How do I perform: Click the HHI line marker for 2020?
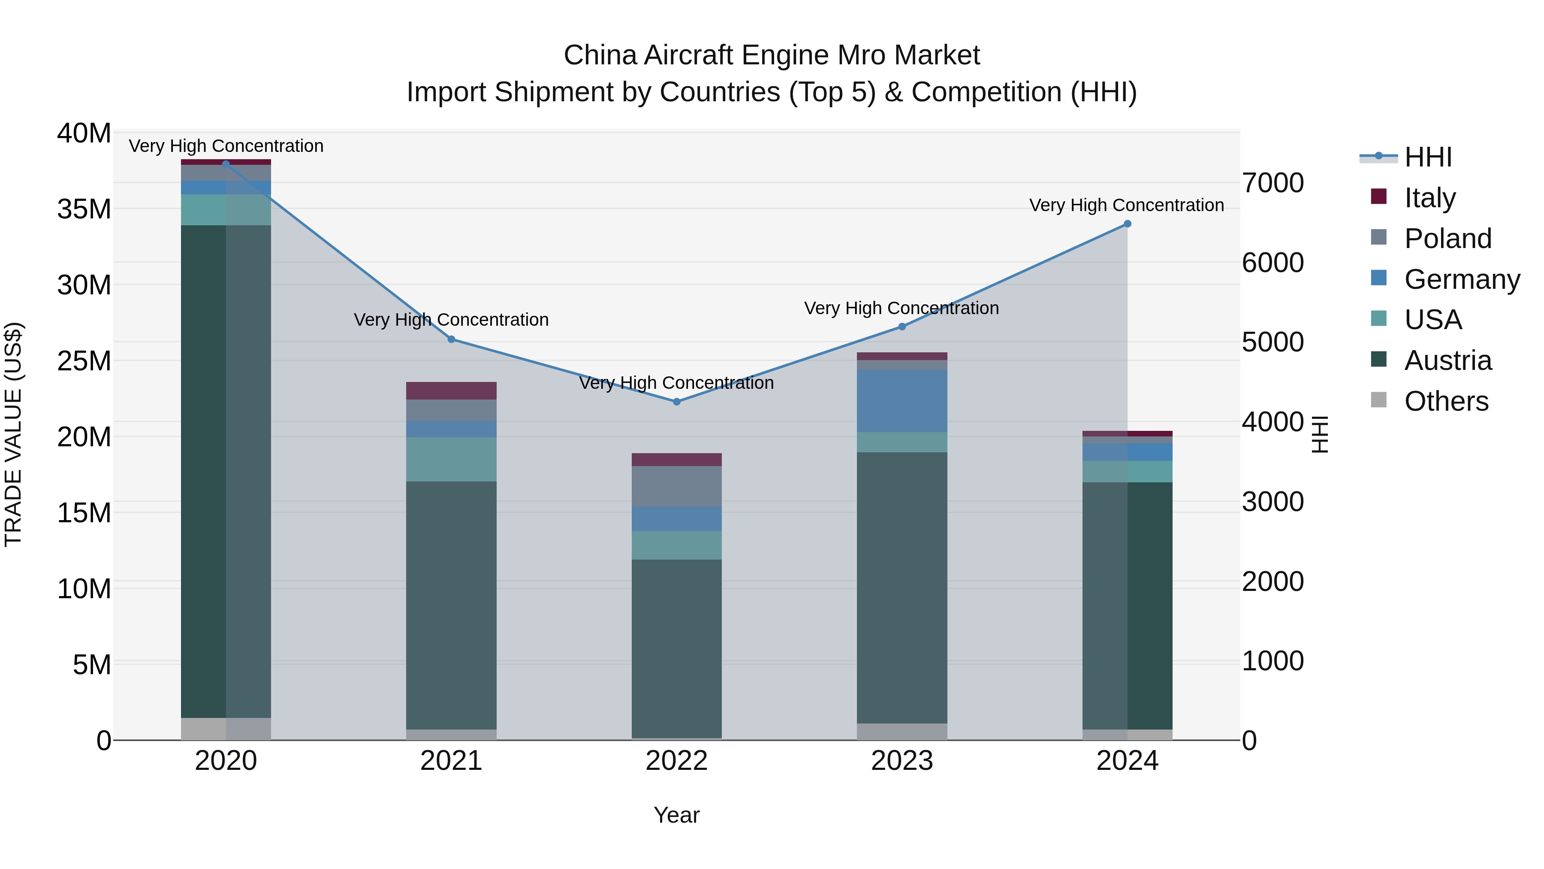click(x=226, y=164)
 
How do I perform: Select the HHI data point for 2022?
click(x=677, y=402)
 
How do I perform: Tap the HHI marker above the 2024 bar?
click(x=1128, y=224)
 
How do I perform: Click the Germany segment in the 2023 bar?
click(x=902, y=401)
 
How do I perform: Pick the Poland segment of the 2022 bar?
click(x=677, y=486)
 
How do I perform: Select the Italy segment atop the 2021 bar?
click(x=451, y=391)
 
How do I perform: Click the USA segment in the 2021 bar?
click(x=451, y=459)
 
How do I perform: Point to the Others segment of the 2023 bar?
click(x=902, y=731)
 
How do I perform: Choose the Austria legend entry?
click(x=1447, y=360)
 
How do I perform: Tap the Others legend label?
click(x=1446, y=401)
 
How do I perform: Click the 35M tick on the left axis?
click(x=84, y=209)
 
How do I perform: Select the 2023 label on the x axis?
click(x=902, y=761)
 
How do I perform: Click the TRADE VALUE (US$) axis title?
click(x=14, y=435)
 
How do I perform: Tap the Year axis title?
click(x=677, y=815)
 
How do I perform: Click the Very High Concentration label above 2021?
click(x=451, y=320)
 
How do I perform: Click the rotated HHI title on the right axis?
click(x=1321, y=435)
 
